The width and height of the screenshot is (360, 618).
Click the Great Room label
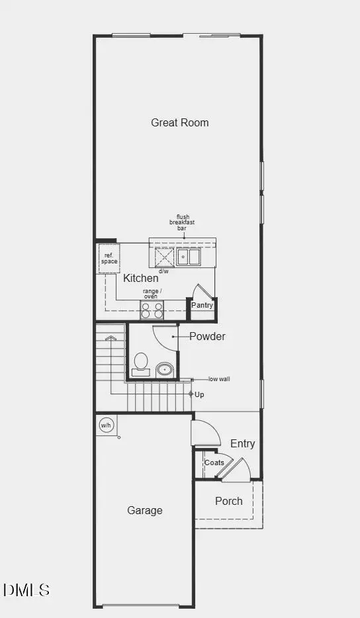coord(179,122)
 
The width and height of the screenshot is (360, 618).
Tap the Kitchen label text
coord(140,279)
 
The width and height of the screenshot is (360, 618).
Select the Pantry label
coord(202,305)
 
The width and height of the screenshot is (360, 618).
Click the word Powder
coord(207,336)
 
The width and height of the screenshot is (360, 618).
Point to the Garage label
coord(145,510)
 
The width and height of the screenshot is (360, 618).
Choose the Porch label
coord(228,501)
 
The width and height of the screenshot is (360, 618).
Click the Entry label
coord(242,443)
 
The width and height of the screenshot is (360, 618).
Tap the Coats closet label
coord(214,463)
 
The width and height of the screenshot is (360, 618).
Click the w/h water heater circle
coord(105,425)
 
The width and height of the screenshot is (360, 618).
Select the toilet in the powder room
coord(141,364)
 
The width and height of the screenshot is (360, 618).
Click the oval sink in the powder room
coord(164,369)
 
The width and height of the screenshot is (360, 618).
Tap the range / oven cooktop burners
coord(151,309)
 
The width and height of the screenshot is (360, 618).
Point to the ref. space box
coord(109,257)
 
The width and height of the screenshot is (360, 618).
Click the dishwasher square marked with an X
coord(164,257)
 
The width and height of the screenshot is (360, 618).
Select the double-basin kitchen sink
coord(189,257)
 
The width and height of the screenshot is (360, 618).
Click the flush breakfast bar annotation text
coord(183,222)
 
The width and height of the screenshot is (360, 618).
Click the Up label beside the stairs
coord(199,394)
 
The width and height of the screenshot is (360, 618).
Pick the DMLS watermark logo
coord(26,590)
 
